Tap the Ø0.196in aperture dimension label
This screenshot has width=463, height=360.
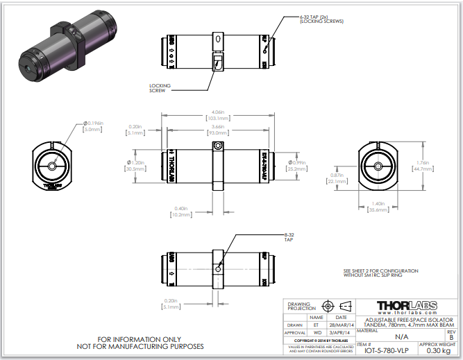pos(92,123)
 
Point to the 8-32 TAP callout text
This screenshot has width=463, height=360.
pos(289,237)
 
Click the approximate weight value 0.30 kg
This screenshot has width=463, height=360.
pos(439,350)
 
